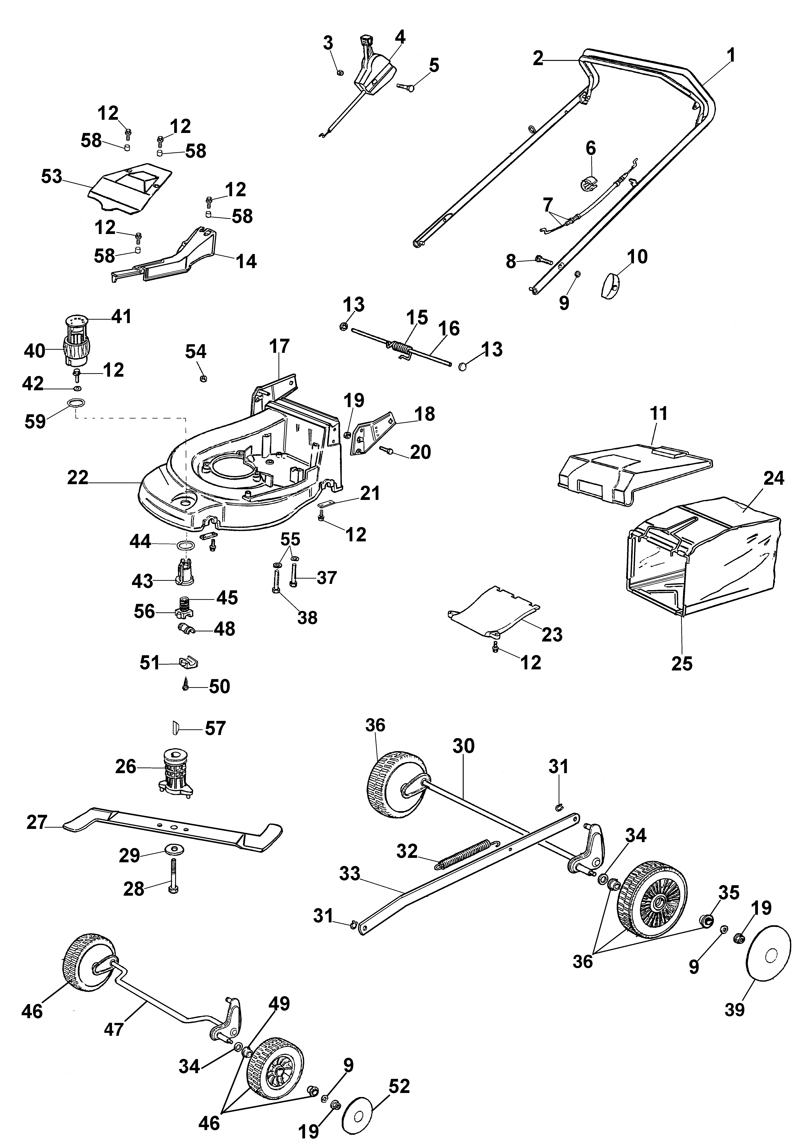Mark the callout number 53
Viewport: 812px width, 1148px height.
[x=52, y=176]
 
